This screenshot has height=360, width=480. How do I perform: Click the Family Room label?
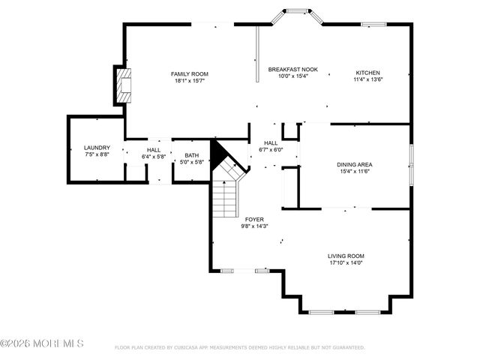click(189, 73)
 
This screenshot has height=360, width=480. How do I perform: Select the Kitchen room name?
click(367, 73)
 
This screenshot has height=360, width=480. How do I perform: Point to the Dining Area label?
click(355, 164)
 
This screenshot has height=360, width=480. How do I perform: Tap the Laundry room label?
click(97, 148)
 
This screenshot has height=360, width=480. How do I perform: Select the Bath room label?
click(192, 155)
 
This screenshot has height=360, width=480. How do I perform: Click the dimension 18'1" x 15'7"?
click(189, 80)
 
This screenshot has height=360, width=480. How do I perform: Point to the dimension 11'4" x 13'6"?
click(367, 79)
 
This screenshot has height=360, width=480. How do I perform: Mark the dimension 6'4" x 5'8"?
click(154, 157)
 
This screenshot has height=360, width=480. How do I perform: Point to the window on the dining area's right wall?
click(410, 164)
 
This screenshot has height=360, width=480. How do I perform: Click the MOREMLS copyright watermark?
click(43, 343)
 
